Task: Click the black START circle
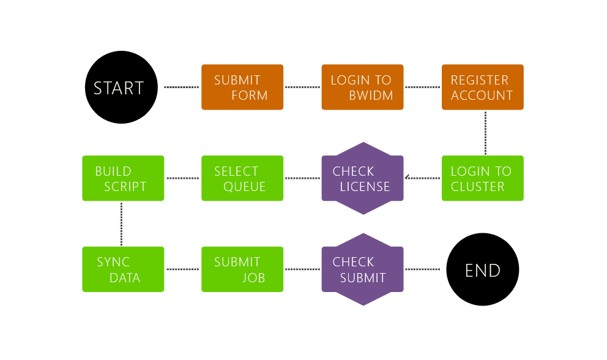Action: point(121,87)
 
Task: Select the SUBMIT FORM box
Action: point(242,87)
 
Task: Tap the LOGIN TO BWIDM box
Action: point(362,87)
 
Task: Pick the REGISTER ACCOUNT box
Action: point(483,87)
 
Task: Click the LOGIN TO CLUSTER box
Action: point(483,178)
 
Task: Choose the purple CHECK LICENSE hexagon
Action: point(363,178)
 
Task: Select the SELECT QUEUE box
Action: point(242,178)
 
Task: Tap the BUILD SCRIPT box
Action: point(123,178)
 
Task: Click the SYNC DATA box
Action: point(123,269)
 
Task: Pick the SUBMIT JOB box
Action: point(242,269)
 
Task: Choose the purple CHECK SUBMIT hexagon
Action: point(363,269)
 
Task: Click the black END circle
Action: point(483,269)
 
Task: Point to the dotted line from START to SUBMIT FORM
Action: point(182,87)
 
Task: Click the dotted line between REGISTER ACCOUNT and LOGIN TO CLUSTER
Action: point(485,133)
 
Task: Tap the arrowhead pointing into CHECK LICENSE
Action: point(407,178)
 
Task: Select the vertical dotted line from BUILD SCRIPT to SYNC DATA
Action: point(122,224)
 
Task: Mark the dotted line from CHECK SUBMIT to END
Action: point(422,269)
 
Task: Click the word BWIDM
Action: point(371,96)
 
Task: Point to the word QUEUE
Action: point(244,187)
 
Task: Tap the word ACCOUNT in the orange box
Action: point(482,96)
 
